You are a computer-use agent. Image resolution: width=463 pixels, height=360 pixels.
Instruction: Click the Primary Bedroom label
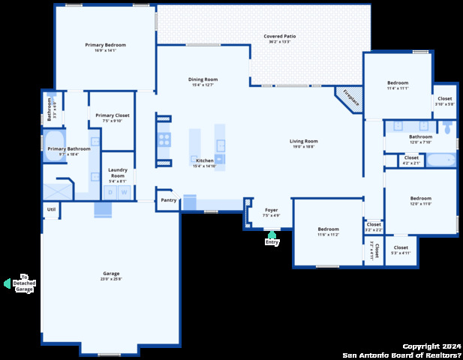pyautogui.click(x=105, y=45)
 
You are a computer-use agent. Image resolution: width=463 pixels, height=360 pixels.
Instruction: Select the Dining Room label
pyautogui.click(x=203, y=79)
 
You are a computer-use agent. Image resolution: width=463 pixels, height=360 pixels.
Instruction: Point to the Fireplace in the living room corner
pyautogui.click(x=348, y=98)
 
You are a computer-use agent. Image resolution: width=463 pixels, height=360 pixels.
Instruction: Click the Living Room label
pyautogui.click(x=304, y=141)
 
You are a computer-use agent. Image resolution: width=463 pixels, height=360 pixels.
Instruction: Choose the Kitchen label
pyautogui.click(x=205, y=160)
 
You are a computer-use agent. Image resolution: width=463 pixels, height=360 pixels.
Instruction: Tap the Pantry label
pyautogui.click(x=169, y=200)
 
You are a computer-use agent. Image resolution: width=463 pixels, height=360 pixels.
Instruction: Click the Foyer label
pyautogui.click(x=271, y=210)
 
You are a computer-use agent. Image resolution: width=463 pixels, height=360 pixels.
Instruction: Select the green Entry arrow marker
pyautogui.click(x=272, y=235)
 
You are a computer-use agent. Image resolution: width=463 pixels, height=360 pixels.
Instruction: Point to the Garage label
pyautogui.click(x=111, y=274)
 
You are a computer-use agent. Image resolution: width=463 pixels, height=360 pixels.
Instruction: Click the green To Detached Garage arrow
pyautogui.click(x=8, y=283)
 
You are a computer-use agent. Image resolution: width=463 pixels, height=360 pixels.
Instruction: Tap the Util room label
pyautogui.click(x=51, y=209)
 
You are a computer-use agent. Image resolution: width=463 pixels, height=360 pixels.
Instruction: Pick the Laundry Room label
pyautogui.click(x=117, y=173)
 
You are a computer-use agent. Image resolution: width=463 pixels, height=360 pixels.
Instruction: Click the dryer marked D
pyautogui.click(x=110, y=193)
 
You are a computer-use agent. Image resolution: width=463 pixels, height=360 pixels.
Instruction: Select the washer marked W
pyautogui.click(x=125, y=193)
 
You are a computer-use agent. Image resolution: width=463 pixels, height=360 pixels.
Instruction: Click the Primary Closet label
pyautogui.click(x=113, y=115)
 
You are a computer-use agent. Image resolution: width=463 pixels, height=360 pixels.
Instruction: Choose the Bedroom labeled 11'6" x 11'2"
pyautogui.click(x=328, y=229)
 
